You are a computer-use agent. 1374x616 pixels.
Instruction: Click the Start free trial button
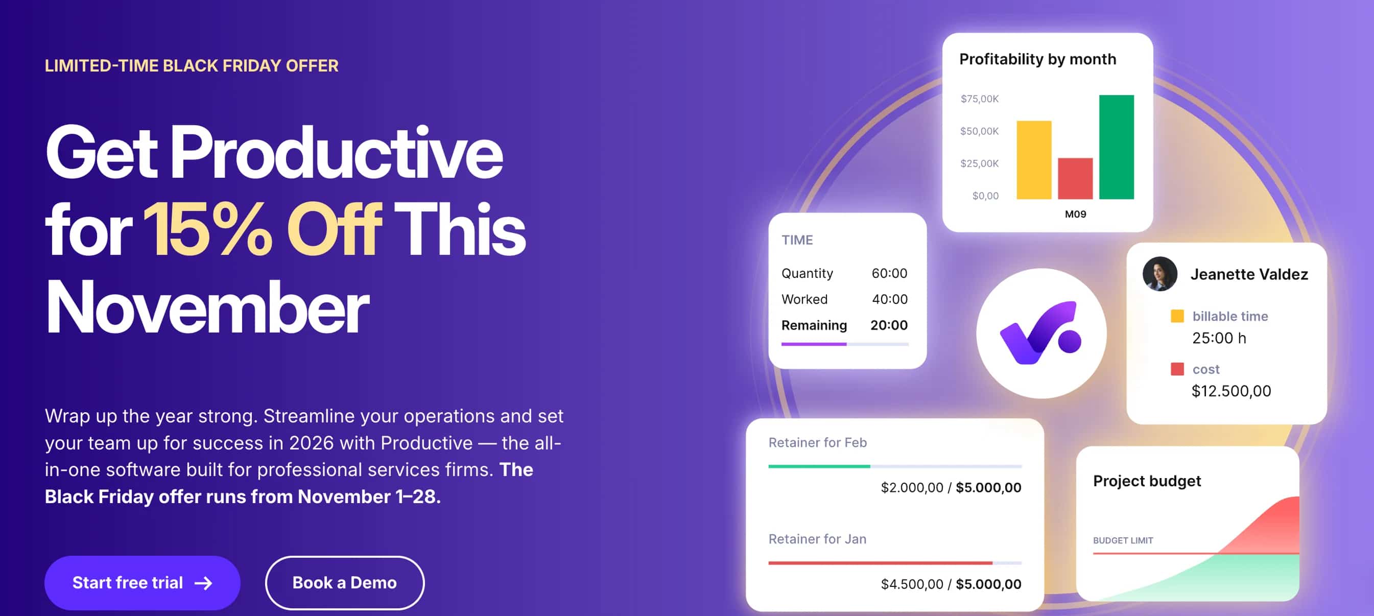point(142,582)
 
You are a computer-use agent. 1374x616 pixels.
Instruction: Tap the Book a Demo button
point(345,582)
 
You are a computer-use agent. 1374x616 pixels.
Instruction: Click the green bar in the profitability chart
point(1116,147)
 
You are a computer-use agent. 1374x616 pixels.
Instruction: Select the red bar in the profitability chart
point(1075,178)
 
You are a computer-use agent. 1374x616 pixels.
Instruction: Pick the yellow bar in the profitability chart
point(1033,159)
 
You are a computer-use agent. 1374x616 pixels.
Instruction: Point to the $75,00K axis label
point(979,99)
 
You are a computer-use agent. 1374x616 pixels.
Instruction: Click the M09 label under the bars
point(1075,214)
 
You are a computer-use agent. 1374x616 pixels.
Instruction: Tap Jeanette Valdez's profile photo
point(1159,274)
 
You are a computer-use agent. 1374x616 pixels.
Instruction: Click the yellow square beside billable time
point(1177,316)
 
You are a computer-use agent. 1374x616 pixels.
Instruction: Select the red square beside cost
point(1177,369)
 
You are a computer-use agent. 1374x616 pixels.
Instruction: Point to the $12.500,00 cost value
point(1231,391)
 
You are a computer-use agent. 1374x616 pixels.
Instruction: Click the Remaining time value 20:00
point(889,325)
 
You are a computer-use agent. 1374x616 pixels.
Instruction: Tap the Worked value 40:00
point(889,299)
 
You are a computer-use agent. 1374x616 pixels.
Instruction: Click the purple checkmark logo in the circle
point(1040,334)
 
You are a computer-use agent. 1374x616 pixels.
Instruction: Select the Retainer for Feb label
point(817,442)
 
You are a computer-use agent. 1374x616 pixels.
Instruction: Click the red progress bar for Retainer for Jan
point(880,563)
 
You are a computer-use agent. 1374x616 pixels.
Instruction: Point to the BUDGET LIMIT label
point(1123,540)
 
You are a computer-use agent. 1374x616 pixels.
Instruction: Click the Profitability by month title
point(1037,59)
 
